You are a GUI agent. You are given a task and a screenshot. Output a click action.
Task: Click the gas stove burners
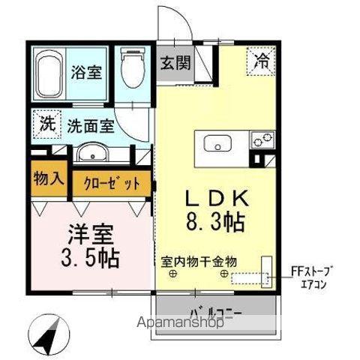pos(262,139)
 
